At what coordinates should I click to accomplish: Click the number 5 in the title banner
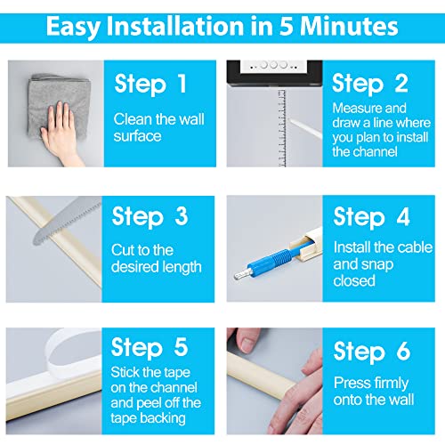[x=286, y=26]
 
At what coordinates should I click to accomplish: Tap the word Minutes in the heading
[x=349, y=26]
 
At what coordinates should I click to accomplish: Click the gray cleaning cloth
[x=60, y=104]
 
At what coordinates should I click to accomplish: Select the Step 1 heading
[x=150, y=85]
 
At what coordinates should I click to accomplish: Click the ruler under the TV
[x=282, y=128]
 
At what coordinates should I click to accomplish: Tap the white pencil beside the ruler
[x=305, y=128]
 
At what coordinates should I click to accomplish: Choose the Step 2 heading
[x=370, y=85]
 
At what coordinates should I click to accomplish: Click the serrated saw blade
[x=67, y=221]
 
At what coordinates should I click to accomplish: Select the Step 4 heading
[x=371, y=217]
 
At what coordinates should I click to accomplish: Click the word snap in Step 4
[x=378, y=264]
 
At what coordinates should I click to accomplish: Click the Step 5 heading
[x=150, y=348]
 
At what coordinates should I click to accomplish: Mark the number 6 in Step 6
[x=403, y=351]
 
